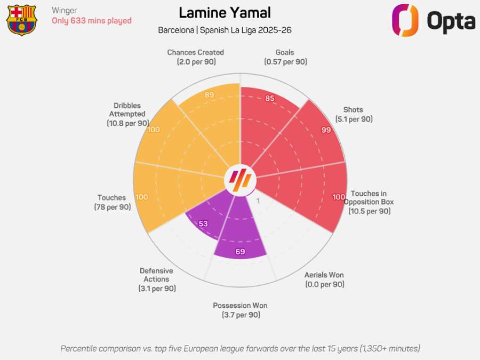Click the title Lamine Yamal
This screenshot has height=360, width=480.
[225, 13]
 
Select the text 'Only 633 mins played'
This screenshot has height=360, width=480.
[91, 21]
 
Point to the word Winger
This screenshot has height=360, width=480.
[65, 10]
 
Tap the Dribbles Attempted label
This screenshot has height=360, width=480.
[127, 114]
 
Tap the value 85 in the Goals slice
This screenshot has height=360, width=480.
[270, 98]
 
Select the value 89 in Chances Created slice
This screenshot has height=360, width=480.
[210, 95]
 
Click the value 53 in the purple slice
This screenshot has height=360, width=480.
[203, 224]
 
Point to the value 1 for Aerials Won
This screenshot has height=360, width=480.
[259, 201]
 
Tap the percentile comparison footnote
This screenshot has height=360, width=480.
[240, 348]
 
